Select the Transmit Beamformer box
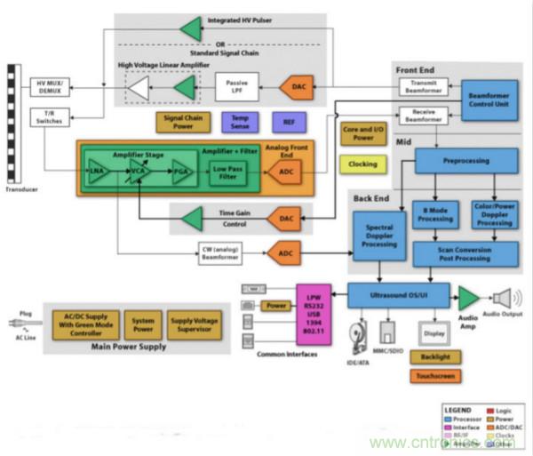(x=422, y=86)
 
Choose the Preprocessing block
(x=465, y=160)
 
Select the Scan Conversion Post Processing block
(x=465, y=254)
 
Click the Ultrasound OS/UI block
(x=398, y=295)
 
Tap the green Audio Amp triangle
(x=467, y=298)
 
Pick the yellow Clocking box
(x=362, y=164)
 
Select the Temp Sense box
(x=241, y=122)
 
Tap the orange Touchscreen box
(x=434, y=376)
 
